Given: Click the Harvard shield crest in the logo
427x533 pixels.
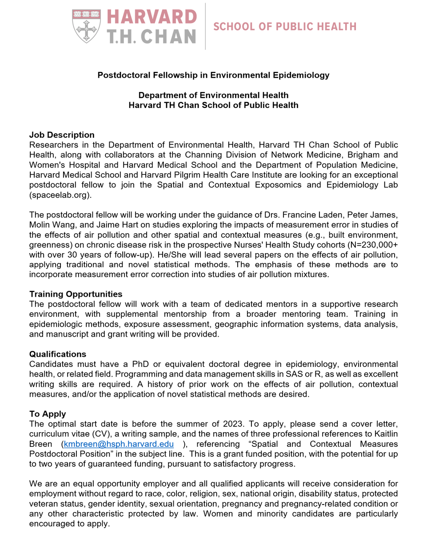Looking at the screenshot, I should pyautogui.click(x=86, y=26).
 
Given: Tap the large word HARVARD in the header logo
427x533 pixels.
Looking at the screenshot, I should pyautogui.click(x=152, y=17).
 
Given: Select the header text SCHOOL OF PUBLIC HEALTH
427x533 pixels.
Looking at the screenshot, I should pyautogui.click(x=285, y=27).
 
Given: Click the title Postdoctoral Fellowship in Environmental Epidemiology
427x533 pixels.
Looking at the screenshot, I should pyautogui.click(x=213, y=75).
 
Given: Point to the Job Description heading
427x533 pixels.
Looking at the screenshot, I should pyautogui.click(x=62, y=135).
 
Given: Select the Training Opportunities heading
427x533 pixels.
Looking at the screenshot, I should pyautogui.click(x=76, y=294).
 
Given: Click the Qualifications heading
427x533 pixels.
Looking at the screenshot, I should pyautogui.click(x=58, y=354).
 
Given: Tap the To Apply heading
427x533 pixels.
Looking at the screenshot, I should pyautogui.click(x=48, y=414).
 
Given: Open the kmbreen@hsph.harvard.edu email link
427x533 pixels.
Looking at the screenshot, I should pyautogui.click(x=119, y=444).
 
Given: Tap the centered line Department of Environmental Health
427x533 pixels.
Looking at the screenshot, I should pyautogui.click(x=213, y=95).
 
